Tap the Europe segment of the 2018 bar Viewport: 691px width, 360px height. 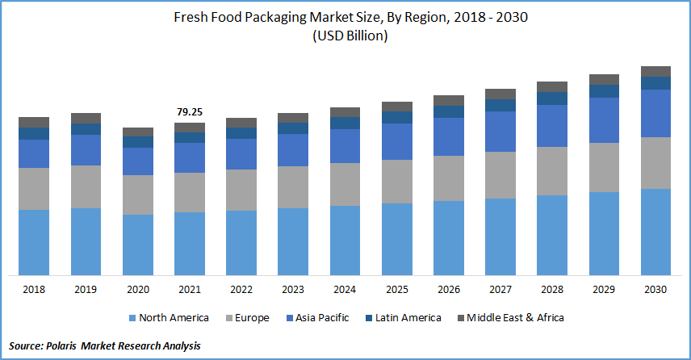[x=34, y=189]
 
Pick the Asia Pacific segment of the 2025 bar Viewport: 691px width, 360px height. [x=396, y=141]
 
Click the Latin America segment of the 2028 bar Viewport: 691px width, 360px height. [x=552, y=98]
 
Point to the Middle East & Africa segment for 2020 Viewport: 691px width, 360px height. [x=137, y=132]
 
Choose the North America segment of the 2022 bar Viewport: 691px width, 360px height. [x=241, y=243]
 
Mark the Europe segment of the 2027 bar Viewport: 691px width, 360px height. [x=500, y=175]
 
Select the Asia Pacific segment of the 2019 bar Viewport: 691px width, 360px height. [x=86, y=150]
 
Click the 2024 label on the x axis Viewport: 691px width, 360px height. [x=345, y=289]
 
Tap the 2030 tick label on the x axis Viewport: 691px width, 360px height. [x=655, y=289]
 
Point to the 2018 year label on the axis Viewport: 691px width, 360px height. [x=34, y=289]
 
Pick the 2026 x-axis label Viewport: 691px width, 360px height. [x=448, y=289]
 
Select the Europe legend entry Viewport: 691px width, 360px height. [x=245, y=318]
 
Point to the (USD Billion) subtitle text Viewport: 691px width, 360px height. [x=345, y=36]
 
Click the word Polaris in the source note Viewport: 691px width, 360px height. [x=70, y=345]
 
